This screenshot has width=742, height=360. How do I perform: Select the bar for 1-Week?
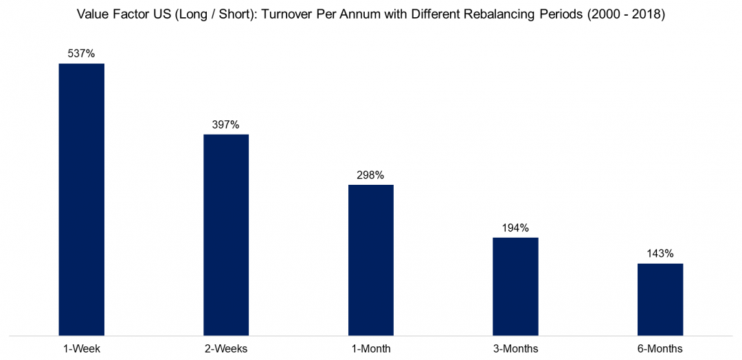(x=82, y=199)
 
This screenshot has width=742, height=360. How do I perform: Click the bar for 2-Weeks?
(x=226, y=234)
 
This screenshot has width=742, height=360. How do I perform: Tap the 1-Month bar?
(x=371, y=260)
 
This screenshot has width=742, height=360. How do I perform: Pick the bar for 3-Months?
(x=515, y=286)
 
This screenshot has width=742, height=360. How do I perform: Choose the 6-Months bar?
(x=660, y=300)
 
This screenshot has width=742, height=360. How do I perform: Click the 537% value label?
(x=82, y=54)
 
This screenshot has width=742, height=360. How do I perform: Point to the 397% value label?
(x=226, y=124)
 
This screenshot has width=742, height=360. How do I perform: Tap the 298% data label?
(x=371, y=175)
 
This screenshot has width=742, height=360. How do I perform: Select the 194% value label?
(x=515, y=228)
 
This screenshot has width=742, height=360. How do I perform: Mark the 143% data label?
(x=660, y=254)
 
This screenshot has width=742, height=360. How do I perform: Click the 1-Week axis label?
(x=82, y=348)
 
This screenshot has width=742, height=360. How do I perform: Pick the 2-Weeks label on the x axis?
(x=226, y=348)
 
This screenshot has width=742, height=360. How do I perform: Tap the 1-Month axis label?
(x=371, y=348)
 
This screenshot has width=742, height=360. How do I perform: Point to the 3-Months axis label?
(x=515, y=348)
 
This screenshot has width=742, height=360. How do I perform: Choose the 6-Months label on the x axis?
(x=660, y=348)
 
